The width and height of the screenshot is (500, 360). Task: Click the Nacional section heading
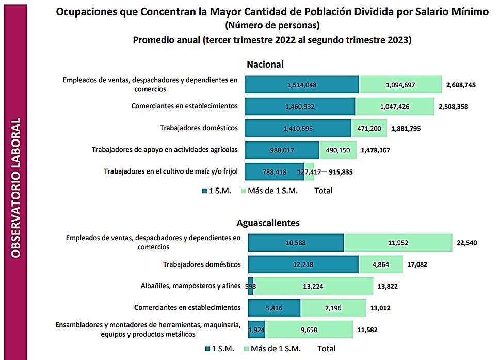[265, 65]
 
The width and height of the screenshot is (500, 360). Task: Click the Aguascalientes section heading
[268, 223]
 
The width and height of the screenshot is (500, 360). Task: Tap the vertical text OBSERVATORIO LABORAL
[15, 189]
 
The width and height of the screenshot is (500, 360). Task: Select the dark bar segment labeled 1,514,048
[302, 85]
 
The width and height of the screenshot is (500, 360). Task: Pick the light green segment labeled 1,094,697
[400, 85]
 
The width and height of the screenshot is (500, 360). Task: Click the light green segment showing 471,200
[369, 128]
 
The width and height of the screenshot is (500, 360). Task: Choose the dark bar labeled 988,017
[282, 150]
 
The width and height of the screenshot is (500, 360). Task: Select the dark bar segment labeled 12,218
[303, 264]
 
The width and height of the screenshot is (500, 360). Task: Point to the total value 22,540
[469, 243]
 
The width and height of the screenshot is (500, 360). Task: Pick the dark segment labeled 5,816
[275, 308]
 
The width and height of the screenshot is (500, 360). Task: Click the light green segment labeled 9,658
[310, 330]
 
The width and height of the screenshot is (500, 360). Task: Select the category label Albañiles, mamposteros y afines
[190, 286]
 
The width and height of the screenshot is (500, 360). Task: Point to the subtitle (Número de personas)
[272, 25]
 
